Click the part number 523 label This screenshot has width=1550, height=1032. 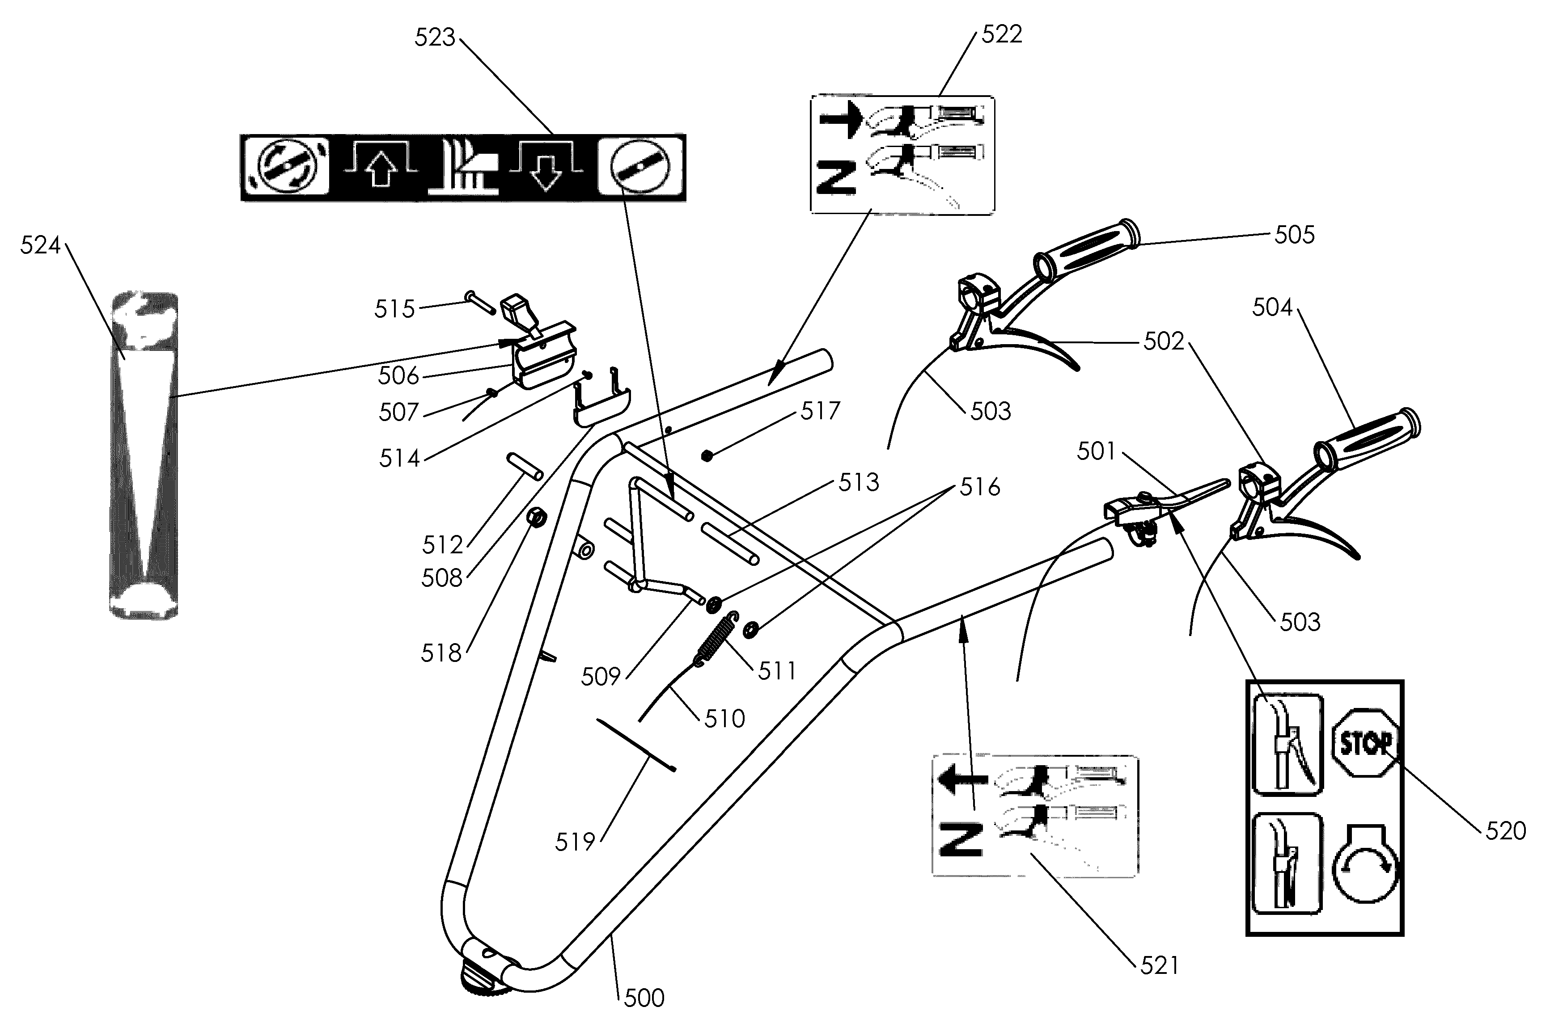click(435, 38)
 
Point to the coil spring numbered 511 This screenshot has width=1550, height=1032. click(714, 638)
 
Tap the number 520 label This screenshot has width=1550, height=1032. click(1505, 830)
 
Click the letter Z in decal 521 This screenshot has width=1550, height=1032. click(961, 839)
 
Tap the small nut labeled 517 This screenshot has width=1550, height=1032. click(707, 455)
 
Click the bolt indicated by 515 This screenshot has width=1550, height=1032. click(480, 302)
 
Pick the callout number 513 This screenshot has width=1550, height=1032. click(859, 482)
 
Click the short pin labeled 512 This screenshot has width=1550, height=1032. click(524, 466)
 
